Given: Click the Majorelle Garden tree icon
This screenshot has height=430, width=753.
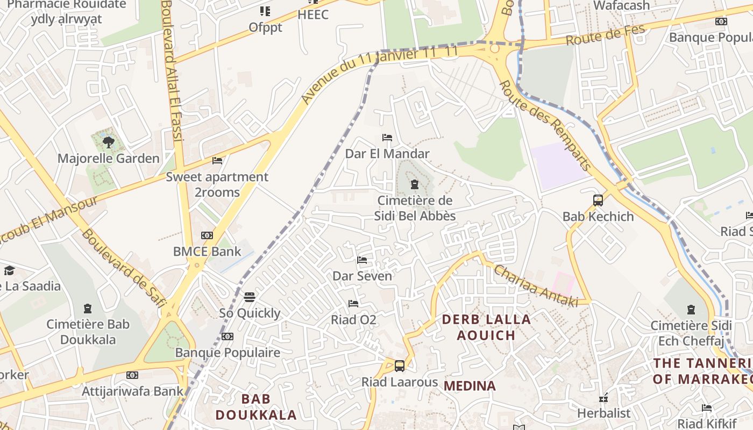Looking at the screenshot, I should (x=108, y=142).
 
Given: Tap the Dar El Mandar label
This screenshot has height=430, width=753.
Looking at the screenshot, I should (x=387, y=154).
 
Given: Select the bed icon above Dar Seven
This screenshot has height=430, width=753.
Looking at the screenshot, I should (x=362, y=260).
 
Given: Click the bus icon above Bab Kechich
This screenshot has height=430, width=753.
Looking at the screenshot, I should (x=598, y=200).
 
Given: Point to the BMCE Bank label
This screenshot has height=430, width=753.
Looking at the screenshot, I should (x=207, y=251).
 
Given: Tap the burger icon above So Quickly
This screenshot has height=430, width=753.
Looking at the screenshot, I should (x=249, y=297).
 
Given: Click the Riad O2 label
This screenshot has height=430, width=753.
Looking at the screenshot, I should (x=353, y=320).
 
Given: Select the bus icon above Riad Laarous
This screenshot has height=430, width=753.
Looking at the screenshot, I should (x=399, y=366).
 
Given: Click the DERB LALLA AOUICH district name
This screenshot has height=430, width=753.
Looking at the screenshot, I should (x=486, y=327).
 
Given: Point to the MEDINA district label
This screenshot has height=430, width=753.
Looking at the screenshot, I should (x=470, y=386).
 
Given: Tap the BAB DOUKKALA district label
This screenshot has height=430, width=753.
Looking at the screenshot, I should (x=256, y=407).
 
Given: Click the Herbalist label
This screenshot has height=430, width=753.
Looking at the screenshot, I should (x=603, y=413).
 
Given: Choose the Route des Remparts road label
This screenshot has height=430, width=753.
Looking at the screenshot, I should (x=545, y=125).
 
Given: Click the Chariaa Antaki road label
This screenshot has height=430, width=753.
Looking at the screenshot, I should (x=535, y=286).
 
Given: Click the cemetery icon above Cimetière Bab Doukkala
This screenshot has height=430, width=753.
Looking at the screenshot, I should (x=88, y=309).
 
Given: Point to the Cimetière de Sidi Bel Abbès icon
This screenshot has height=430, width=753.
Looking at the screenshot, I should (x=414, y=185).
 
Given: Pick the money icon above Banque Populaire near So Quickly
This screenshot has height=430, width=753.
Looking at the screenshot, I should (x=228, y=336).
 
